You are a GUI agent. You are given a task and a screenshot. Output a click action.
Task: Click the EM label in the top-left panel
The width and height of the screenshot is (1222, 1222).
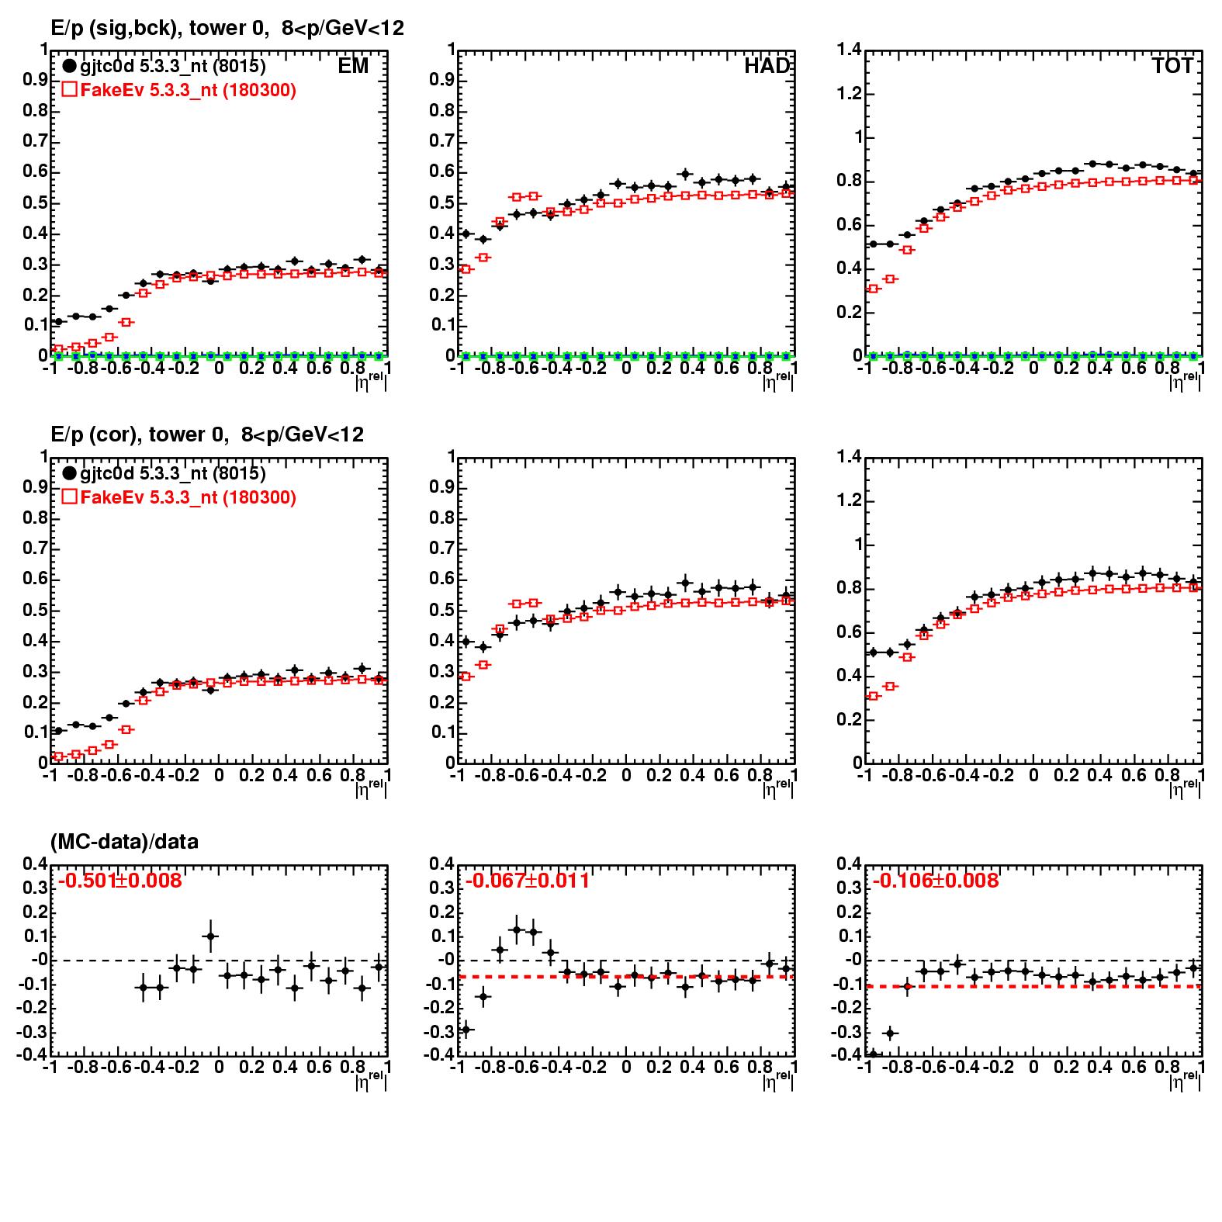353,66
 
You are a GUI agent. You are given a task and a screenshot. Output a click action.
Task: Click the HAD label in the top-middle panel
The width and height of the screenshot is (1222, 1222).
767,66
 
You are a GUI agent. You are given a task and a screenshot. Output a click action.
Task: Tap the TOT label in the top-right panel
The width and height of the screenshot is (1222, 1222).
1172,66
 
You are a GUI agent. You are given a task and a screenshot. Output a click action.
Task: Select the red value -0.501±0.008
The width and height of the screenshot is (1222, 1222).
119,881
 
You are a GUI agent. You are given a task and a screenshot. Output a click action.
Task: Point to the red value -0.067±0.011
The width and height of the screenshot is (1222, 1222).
527,881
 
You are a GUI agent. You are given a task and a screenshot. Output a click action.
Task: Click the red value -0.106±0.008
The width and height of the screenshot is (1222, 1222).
935,881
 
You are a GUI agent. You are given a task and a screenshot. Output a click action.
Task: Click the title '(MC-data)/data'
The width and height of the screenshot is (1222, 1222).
124,842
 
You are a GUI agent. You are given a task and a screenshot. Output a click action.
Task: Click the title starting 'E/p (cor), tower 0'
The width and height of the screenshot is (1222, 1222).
207,434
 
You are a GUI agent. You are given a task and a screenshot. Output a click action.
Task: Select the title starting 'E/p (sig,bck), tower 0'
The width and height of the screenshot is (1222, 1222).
227,29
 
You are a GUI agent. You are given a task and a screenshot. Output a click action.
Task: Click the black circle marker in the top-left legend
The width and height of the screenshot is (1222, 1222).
70,67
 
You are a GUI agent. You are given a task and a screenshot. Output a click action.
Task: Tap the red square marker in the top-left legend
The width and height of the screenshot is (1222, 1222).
69,90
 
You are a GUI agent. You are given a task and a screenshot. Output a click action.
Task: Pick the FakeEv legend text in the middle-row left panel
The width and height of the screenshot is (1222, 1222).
188,497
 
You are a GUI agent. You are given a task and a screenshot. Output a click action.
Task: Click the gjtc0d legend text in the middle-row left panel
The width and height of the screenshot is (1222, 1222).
172,473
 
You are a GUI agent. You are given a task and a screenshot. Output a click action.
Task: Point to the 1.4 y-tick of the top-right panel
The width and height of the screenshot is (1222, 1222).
849,50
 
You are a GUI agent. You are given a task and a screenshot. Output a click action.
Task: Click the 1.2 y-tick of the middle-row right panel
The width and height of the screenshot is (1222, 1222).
849,500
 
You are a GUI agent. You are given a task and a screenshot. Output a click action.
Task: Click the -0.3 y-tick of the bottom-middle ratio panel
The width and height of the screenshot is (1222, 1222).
441,1032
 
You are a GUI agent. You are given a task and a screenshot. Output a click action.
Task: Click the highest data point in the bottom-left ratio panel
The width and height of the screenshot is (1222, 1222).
210,936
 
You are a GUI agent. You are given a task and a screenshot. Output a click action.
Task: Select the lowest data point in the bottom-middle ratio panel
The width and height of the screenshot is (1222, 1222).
466,1030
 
